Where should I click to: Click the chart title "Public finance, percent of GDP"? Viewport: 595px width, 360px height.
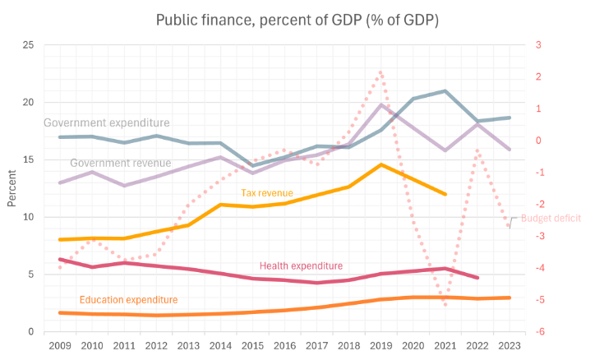[297, 19]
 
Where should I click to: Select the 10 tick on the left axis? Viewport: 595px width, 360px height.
[29, 217]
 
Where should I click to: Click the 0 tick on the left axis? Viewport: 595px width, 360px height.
[31, 331]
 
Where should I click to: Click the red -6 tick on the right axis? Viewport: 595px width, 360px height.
[538, 331]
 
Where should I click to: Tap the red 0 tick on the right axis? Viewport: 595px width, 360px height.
[538, 140]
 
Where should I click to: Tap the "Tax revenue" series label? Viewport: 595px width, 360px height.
[266, 193]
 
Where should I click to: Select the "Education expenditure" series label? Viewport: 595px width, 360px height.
[127, 300]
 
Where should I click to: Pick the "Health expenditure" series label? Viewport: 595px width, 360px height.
[301, 265]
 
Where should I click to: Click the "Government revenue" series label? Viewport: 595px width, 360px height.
[120, 163]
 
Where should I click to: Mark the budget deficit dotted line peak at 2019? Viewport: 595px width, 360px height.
[381, 74]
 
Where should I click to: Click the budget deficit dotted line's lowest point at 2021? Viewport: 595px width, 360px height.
[445, 304]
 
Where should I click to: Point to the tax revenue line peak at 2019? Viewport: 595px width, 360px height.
[381, 164]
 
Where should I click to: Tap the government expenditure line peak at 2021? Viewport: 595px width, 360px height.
[445, 90]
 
